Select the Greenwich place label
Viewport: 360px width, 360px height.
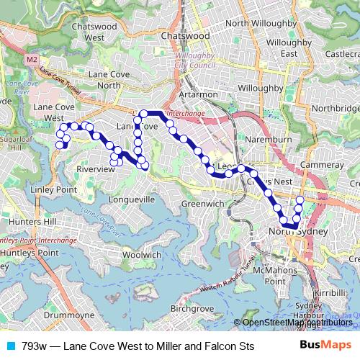(199, 204)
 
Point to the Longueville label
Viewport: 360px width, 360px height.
(131, 199)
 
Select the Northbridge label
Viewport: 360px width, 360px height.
(333, 107)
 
